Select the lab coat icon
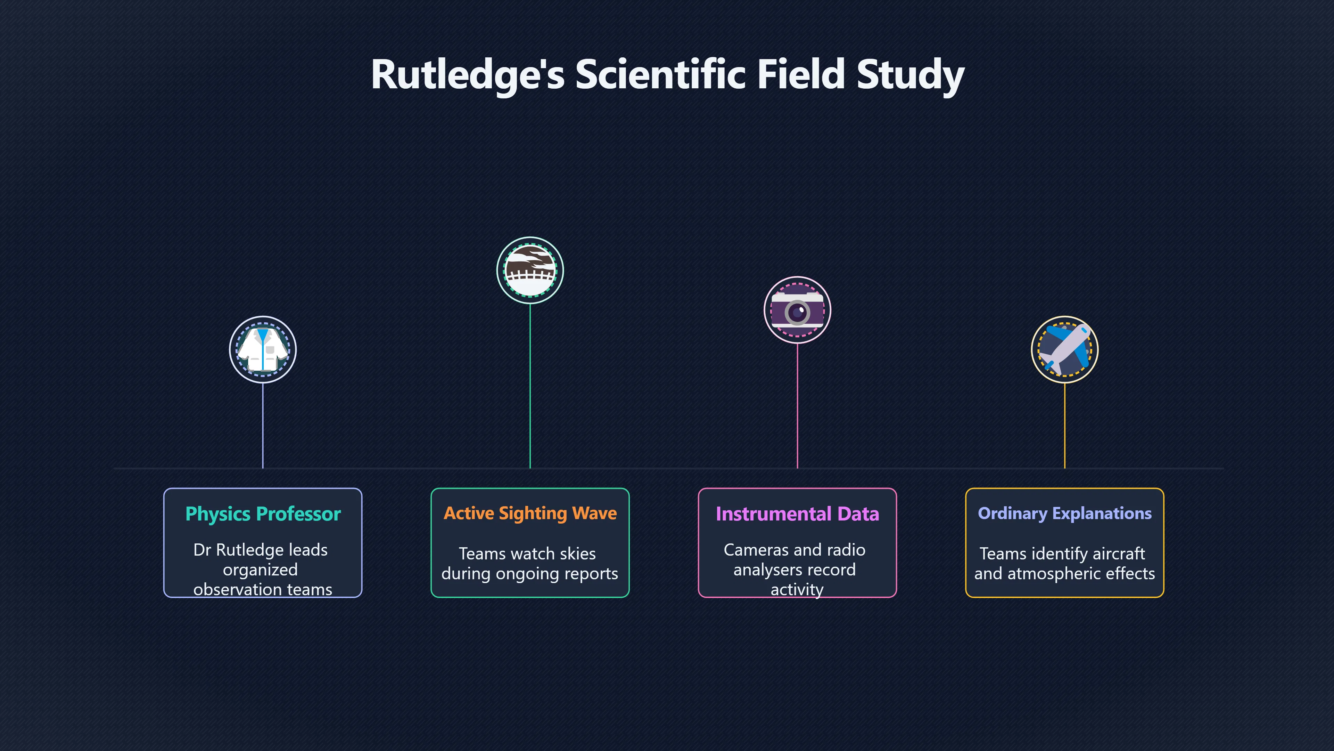coord(263,349)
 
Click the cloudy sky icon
coord(530,270)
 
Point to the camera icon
coord(798,310)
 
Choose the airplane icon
coord(1065,349)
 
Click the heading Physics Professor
coord(263,514)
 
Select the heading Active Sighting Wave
coord(530,513)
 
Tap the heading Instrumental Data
coord(798,514)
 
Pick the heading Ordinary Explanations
coord(1065,513)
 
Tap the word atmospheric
coord(1055,574)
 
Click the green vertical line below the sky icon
coord(530,386)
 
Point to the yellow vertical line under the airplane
coord(1065,426)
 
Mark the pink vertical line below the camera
coord(798,406)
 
